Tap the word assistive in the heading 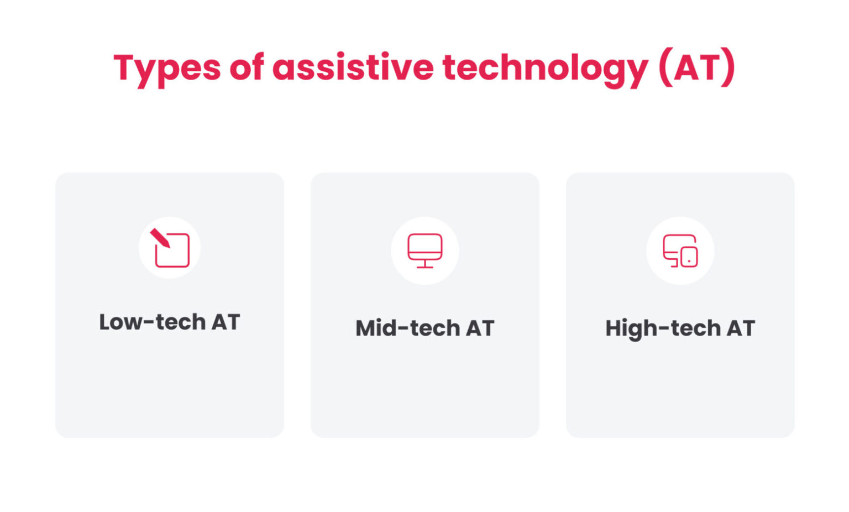(x=353, y=67)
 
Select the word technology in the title (x=545, y=69)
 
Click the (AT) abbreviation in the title (x=696, y=68)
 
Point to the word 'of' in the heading (x=246, y=67)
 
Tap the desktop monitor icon (x=424, y=250)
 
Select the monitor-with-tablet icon (x=680, y=250)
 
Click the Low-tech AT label (x=169, y=322)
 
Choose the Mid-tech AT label (x=424, y=328)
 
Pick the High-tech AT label (x=680, y=328)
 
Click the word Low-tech (x=152, y=322)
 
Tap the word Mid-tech (x=408, y=328)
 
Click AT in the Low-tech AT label (x=226, y=322)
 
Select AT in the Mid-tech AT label (x=480, y=328)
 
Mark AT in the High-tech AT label (x=741, y=328)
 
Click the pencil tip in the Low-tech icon (x=154, y=233)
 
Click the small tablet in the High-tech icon (x=689, y=257)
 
